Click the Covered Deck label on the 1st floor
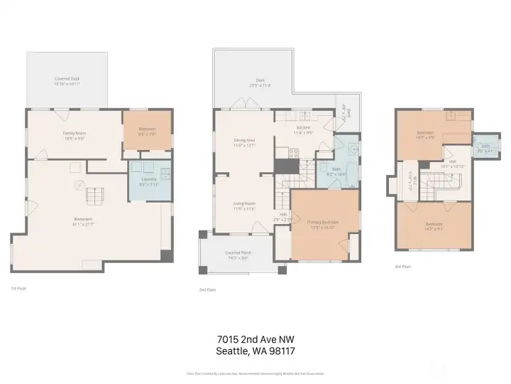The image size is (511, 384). click(67, 81)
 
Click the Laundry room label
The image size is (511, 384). click(149, 181)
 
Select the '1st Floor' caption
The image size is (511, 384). click(18, 288)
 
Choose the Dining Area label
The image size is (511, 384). click(244, 142)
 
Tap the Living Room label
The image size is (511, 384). click(244, 206)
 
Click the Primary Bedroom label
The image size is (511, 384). click(322, 224)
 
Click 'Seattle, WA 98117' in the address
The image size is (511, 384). click(255, 351)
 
